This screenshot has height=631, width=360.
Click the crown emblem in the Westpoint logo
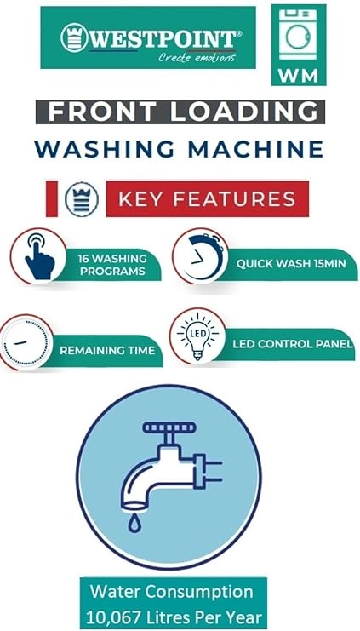pos(74,37)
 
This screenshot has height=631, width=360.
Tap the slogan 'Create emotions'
pos(197,58)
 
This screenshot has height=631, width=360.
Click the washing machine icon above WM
pos(298,35)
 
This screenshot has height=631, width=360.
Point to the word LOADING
pos(243,112)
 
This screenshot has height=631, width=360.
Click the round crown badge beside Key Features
pos(82,199)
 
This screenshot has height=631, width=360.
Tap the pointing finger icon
pos(39,257)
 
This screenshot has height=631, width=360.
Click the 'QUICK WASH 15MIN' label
pos(291,264)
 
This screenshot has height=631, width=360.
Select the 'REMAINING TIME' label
pos(107,350)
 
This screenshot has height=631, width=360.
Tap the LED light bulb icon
pos(198,336)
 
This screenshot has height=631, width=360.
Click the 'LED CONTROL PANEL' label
pos(293,344)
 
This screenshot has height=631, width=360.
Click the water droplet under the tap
pos(132,524)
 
